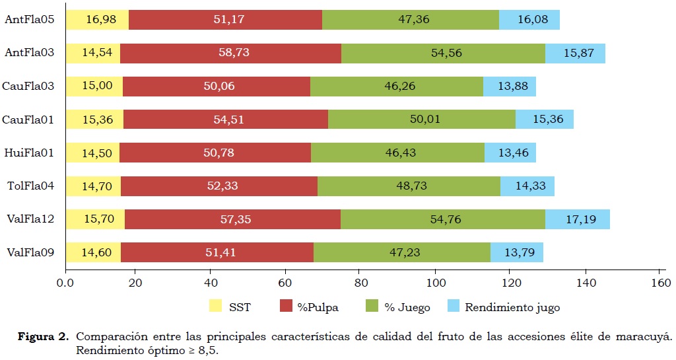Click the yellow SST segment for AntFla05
click(97, 20)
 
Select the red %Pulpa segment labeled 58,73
click(230, 53)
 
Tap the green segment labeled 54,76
click(443, 219)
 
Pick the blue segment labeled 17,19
click(577, 219)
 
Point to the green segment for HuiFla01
click(397, 153)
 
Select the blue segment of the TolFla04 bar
click(527, 186)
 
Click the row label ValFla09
click(30, 252)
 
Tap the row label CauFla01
click(28, 120)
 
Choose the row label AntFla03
click(30, 53)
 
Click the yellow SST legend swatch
click(216, 306)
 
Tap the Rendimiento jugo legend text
click(512, 306)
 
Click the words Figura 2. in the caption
click(42, 336)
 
